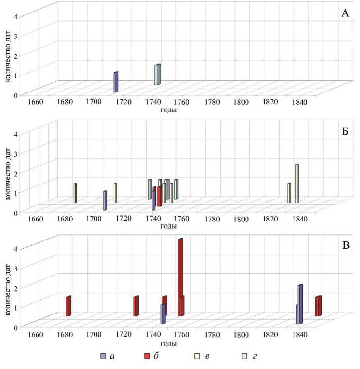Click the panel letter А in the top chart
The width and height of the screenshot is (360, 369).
point(345,13)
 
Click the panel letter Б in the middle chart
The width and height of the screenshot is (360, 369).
point(345,132)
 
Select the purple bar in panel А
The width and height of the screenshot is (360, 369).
point(115,82)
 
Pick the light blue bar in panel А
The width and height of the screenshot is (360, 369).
point(157,75)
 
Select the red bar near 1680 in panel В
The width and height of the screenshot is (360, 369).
point(69,306)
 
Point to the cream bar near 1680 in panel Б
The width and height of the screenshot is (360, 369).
point(75,193)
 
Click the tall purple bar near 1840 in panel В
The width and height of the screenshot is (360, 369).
point(300,304)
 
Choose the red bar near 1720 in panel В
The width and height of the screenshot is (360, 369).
point(136,306)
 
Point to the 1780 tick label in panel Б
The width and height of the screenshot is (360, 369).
point(211,219)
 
